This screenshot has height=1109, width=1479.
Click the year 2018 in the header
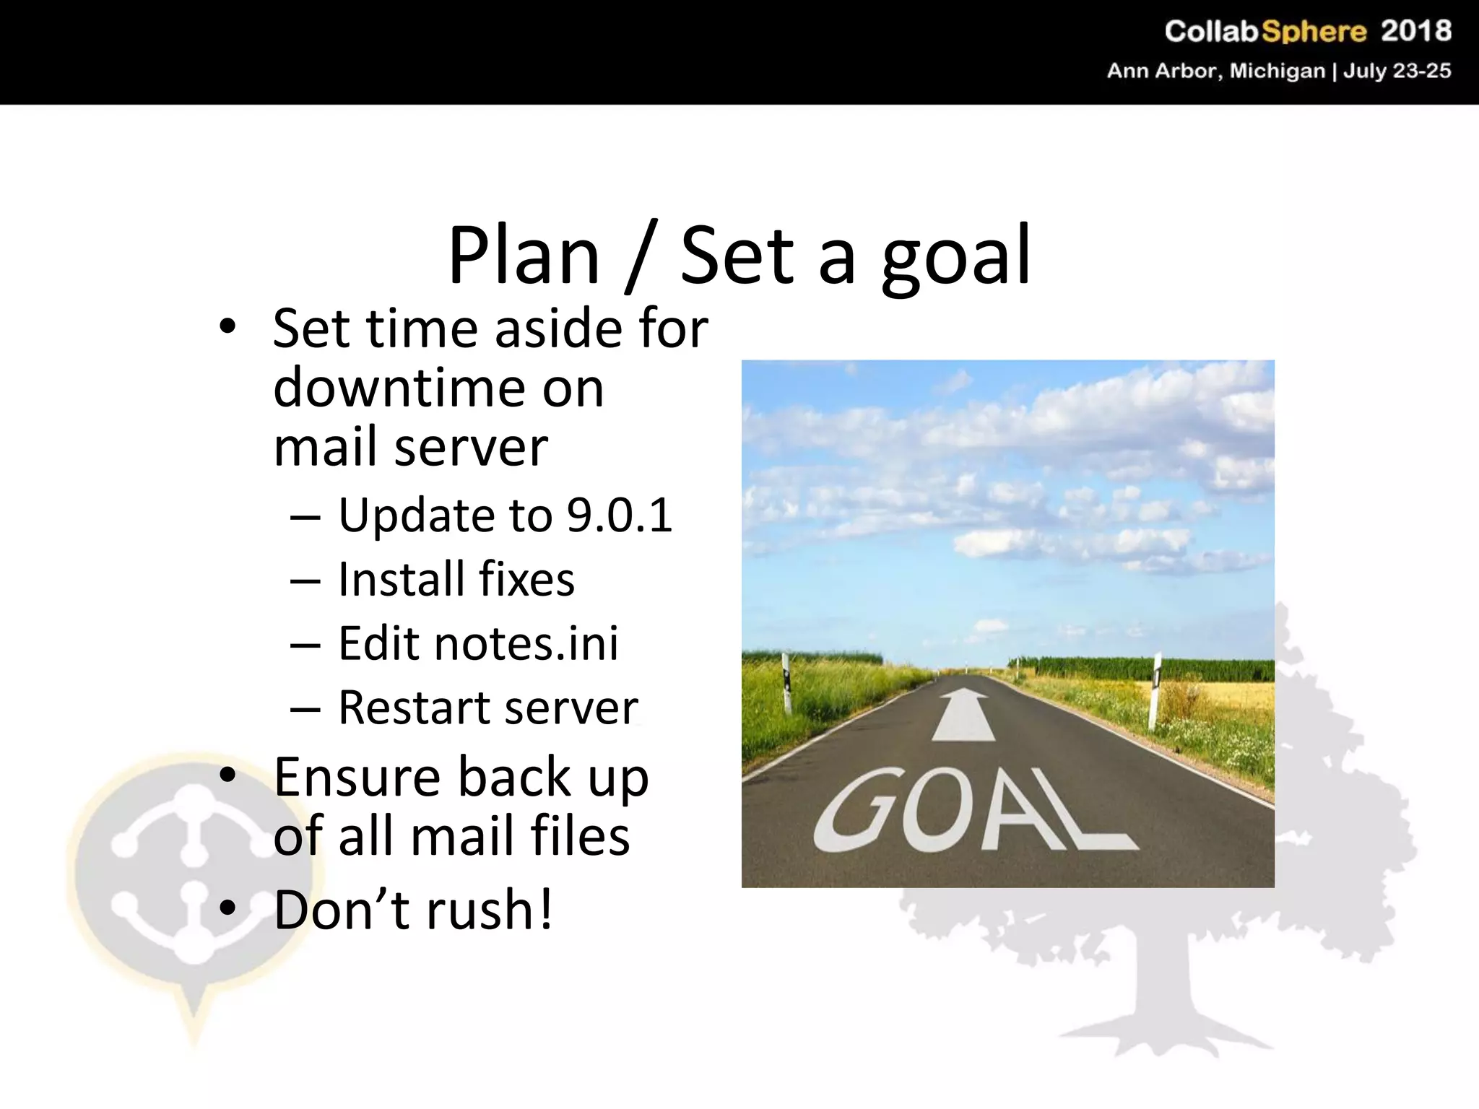tap(1415, 31)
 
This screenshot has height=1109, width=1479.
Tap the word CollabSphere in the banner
tap(1265, 31)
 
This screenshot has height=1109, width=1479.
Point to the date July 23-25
tap(1397, 71)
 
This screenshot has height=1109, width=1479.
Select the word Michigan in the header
tap(1278, 71)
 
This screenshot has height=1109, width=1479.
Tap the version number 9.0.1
tap(620, 516)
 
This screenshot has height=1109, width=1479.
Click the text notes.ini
tap(526, 643)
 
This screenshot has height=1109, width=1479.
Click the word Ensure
tap(357, 777)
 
